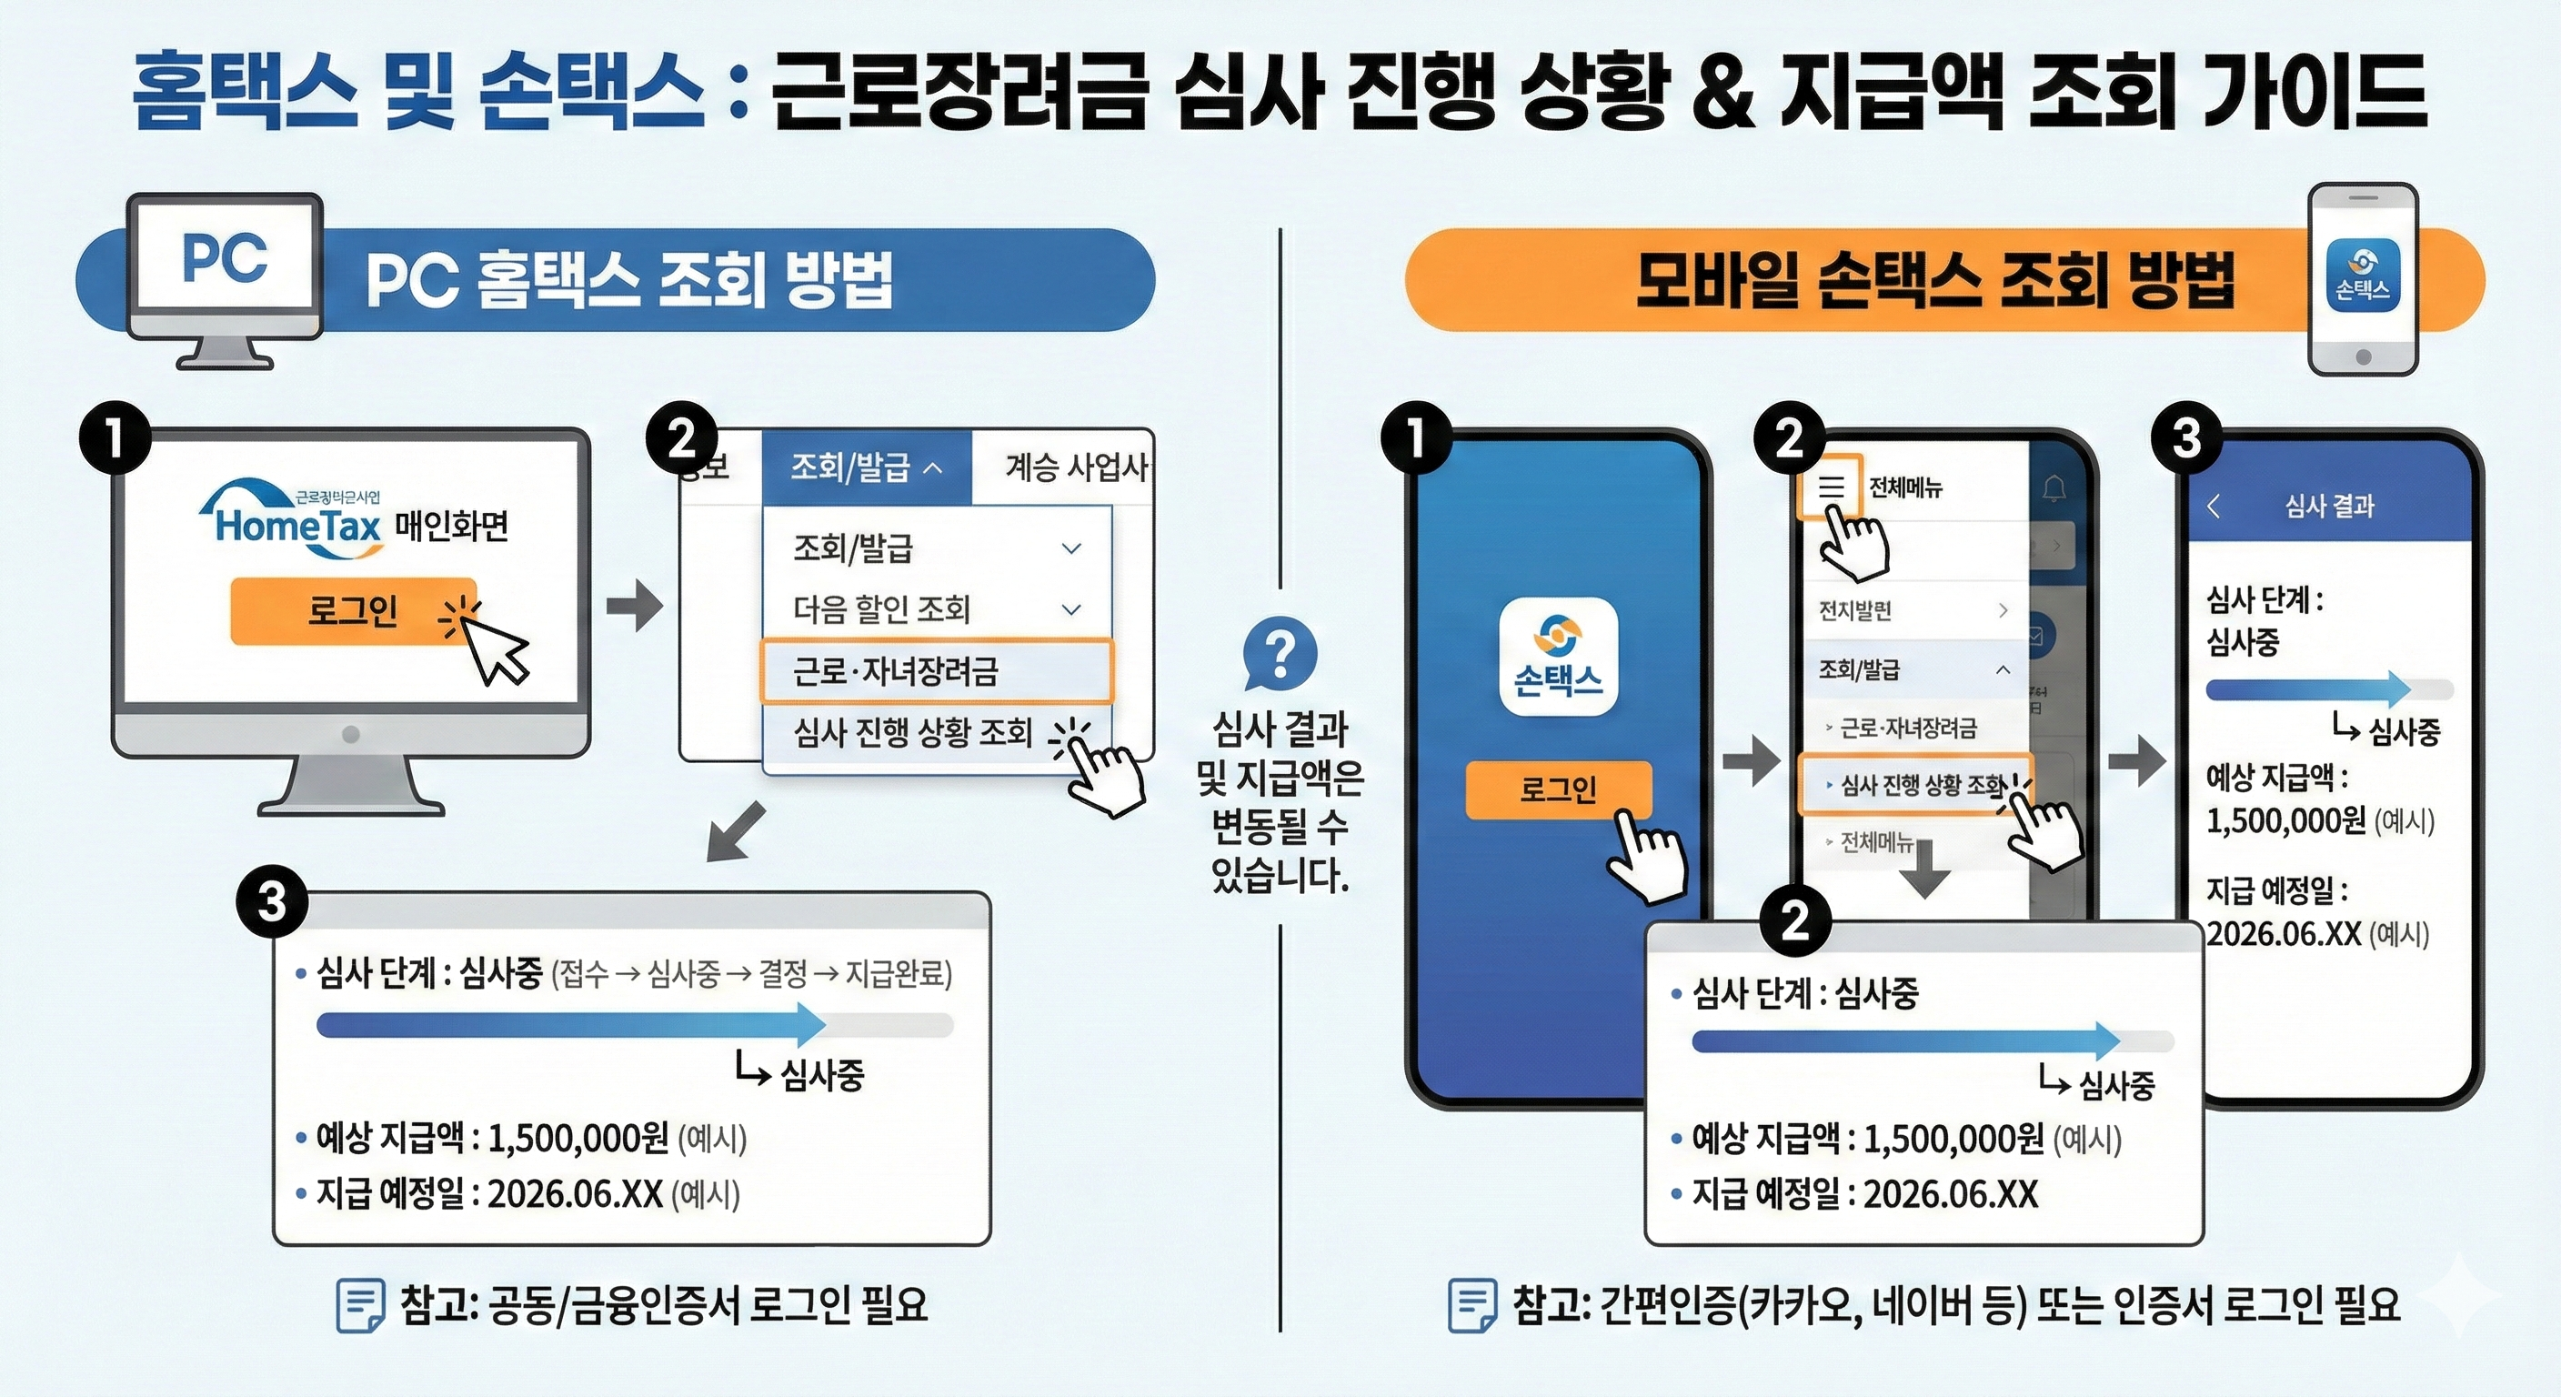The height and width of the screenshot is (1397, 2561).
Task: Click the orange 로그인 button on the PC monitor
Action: click(353, 610)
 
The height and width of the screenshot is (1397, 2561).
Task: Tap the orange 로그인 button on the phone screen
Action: click(1558, 789)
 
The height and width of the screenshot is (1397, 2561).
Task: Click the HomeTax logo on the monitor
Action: click(296, 521)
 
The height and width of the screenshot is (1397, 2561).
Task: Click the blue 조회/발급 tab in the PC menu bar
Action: click(866, 467)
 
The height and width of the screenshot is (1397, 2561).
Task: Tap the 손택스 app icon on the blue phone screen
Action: click(1558, 657)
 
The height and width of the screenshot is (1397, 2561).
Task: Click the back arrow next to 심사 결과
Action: click(2214, 506)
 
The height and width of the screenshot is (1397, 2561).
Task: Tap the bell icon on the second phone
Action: click(2054, 488)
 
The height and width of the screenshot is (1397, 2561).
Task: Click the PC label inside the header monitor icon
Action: click(225, 259)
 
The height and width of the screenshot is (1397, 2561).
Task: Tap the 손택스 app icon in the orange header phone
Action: click(2363, 275)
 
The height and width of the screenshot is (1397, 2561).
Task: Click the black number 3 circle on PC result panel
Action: click(271, 903)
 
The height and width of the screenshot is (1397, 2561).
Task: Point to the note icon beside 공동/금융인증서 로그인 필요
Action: click(360, 1304)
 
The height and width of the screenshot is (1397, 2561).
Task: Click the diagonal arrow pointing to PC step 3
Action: click(736, 831)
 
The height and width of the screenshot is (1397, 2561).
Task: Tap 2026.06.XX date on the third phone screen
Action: click(2284, 934)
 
